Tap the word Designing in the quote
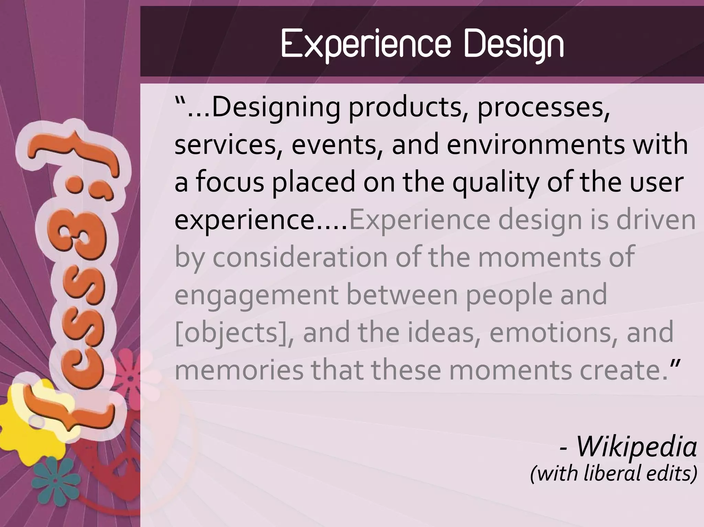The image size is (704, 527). point(275,108)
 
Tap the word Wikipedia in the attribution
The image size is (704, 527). point(636,447)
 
